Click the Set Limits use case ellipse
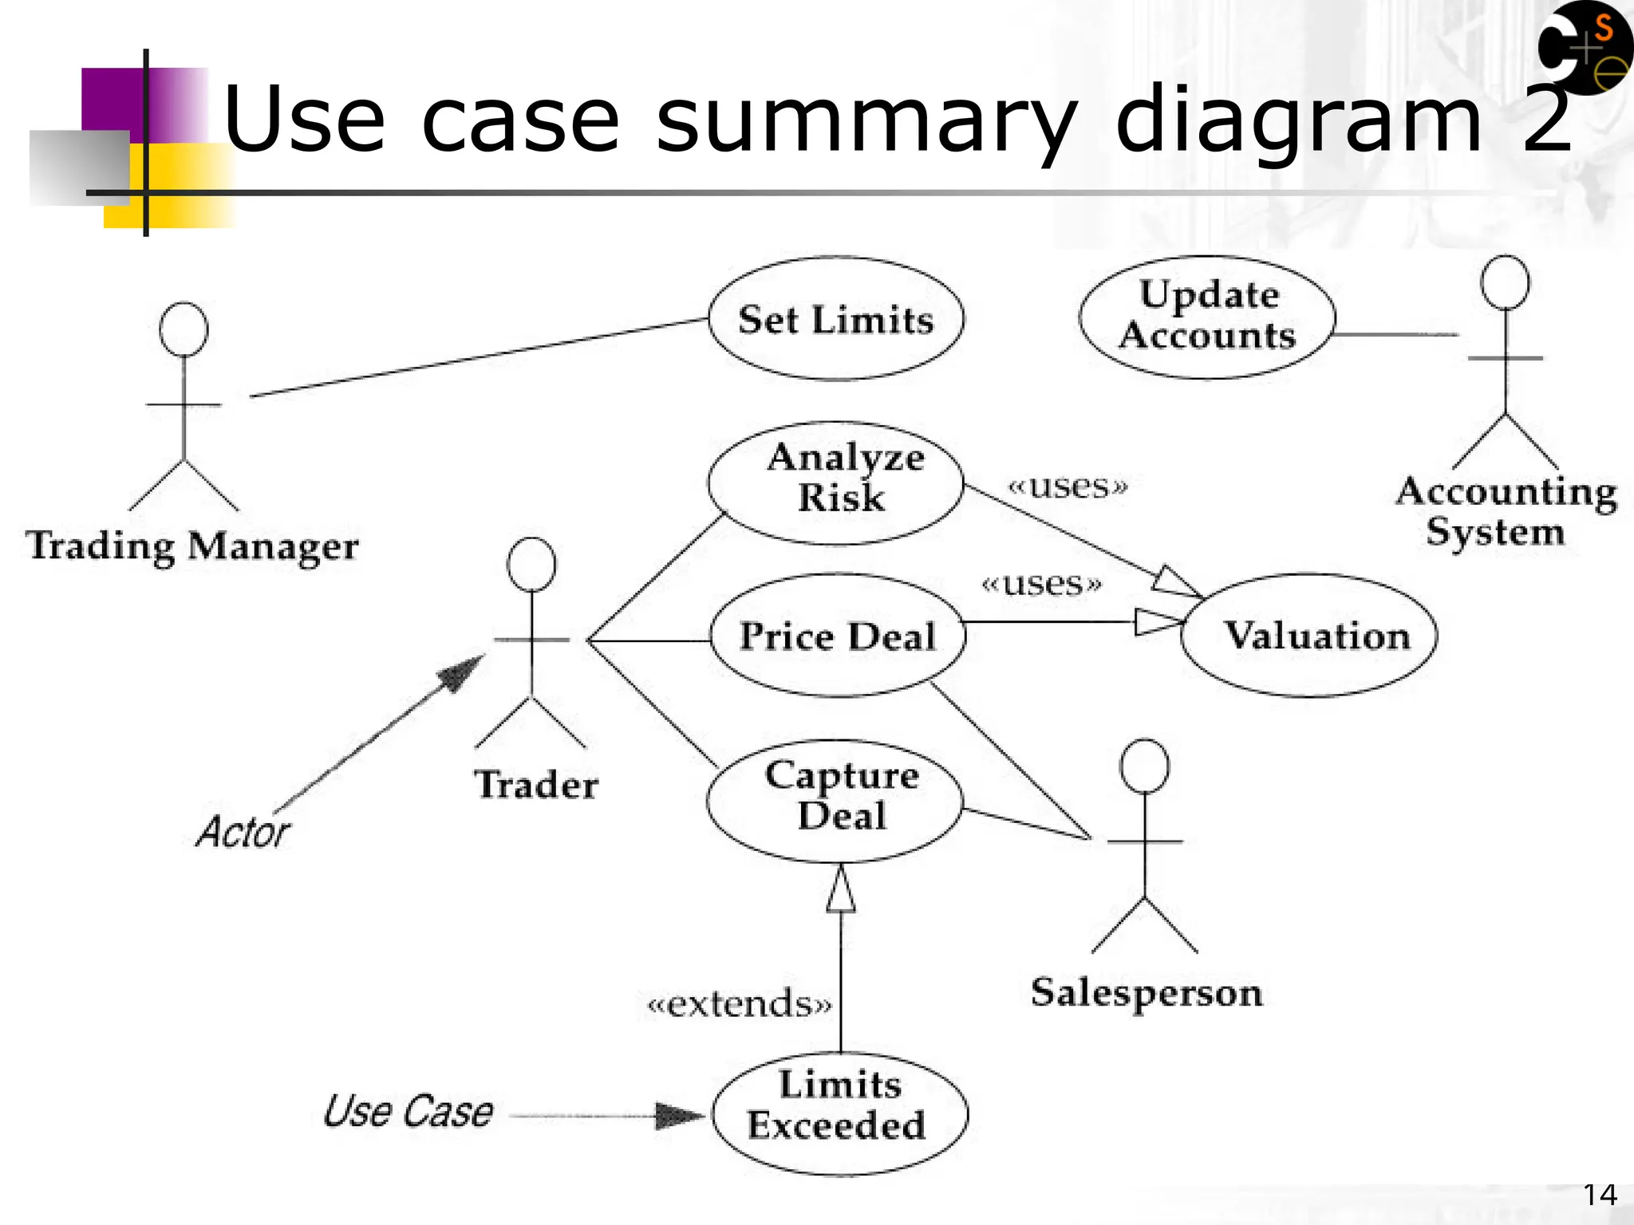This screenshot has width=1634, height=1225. coord(835,319)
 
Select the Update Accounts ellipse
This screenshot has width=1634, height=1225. coord(1207,317)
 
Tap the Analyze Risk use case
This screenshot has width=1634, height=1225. coord(836,483)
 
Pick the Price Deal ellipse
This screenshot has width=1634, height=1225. coord(837,636)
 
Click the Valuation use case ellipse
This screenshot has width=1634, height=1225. coord(1308,636)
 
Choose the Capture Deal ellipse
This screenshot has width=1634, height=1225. coord(835,801)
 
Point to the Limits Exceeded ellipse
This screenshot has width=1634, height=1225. coord(839,1114)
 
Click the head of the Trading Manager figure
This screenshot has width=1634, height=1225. coord(184,329)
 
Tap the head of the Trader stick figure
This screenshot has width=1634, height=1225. coord(531,565)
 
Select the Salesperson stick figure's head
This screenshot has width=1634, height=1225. coord(1144,766)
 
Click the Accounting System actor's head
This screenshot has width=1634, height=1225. coord(1505,282)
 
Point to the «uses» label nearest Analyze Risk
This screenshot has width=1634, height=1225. coord(1068,486)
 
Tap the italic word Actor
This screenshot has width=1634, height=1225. coord(243,832)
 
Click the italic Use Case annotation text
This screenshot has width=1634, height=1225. coord(408,1111)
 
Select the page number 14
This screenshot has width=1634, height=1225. coord(1600,1195)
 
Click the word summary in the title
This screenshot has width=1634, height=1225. coord(866,120)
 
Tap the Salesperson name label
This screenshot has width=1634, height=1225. coord(1146,993)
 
